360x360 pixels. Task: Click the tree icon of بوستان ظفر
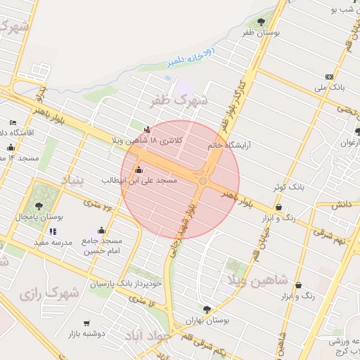coord(263,22)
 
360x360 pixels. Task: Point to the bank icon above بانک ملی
coord(329,77)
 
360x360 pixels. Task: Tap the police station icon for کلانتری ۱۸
coord(147,129)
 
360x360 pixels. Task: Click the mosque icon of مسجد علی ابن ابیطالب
coord(138,169)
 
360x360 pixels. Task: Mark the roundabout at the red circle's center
coord(202,181)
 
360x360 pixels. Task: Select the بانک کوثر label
coord(289,188)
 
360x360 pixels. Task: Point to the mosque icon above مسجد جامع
coord(101,230)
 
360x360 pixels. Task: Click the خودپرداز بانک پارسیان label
coord(127,284)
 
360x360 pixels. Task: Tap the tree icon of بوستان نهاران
coord(206,309)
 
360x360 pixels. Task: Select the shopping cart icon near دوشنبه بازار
coord(86,323)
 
